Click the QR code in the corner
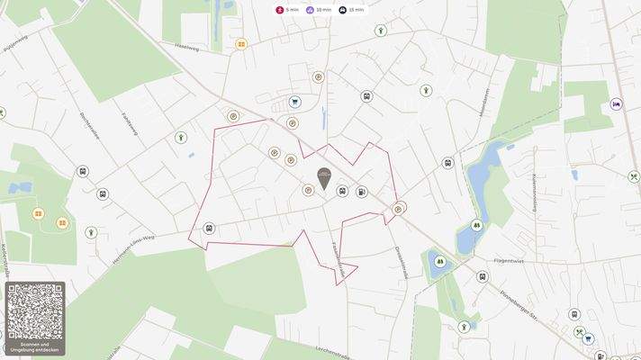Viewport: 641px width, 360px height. pyautogui.click(x=35, y=311)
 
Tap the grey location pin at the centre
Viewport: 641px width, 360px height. pyautogui.click(x=323, y=176)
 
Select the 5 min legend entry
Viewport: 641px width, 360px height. pyautogui.click(x=288, y=10)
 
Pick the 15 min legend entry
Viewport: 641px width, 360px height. pyautogui.click(x=352, y=10)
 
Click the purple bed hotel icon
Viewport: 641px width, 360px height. pyautogui.click(x=617, y=103)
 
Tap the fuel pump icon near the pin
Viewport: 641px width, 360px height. pyautogui.click(x=362, y=191)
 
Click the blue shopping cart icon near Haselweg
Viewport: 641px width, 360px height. pyautogui.click(x=294, y=102)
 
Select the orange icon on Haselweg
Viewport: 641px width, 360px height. pyautogui.click(x=241, y=43)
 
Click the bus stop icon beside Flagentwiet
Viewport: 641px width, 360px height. pyautogui.click(x=483, y=276)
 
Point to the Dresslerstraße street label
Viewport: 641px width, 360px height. pyautogui.click(x=402, y=262)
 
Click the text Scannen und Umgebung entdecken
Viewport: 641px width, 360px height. pyautogui.click(x=35, y=347)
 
